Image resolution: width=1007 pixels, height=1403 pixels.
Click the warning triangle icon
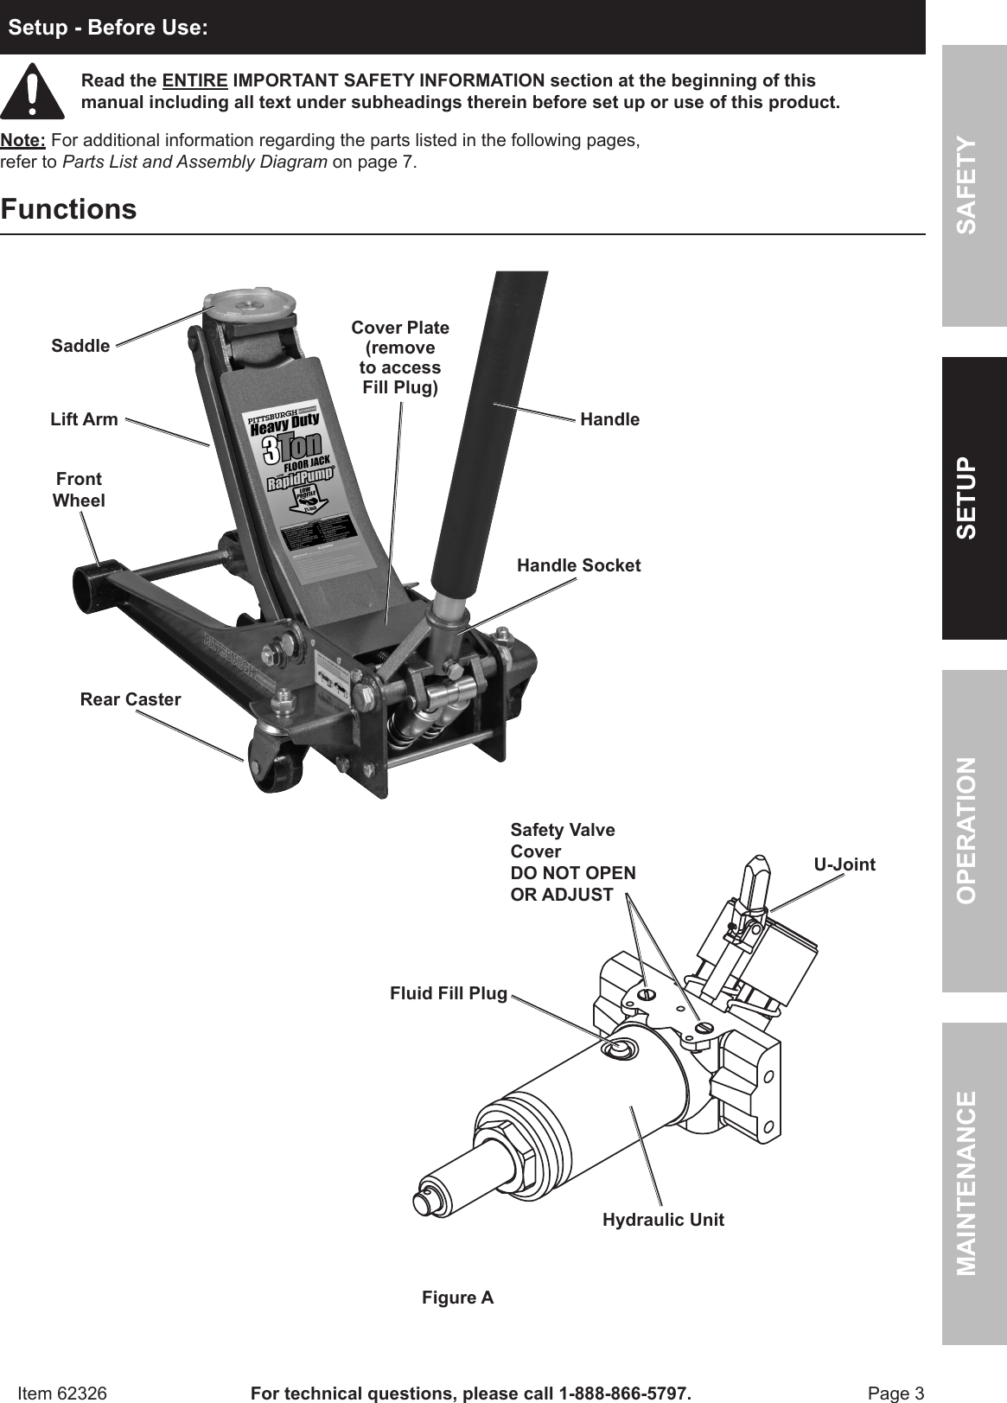click(x=32, y=92)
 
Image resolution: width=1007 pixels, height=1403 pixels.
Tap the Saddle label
click(x=80, y=346)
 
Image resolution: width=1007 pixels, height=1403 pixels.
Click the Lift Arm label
click(x=84, y=419)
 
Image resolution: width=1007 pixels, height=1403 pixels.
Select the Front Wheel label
click(x=79, y=489)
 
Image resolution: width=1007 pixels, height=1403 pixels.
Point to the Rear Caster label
click(x=131, y=699)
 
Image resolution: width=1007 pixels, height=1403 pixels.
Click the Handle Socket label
click(x=578, y=565)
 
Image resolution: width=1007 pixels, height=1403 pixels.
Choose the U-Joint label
click(x=844, y=864)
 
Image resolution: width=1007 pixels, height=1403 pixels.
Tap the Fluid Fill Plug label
click(x=448, y=993)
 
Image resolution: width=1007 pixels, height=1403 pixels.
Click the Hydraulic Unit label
click(x=663, y=1220)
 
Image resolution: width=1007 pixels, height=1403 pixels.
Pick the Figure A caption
click(x=457, y=1298)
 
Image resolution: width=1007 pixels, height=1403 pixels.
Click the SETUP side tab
click(x=974, y=498)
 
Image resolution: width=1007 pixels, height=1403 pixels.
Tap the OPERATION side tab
click(x=974, y=830)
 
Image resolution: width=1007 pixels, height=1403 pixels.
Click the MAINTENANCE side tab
click(x=974, y=1183)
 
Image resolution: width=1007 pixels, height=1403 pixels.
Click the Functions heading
click(x=69, y=209)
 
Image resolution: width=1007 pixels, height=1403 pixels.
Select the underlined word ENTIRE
click(x=195, y=81)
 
